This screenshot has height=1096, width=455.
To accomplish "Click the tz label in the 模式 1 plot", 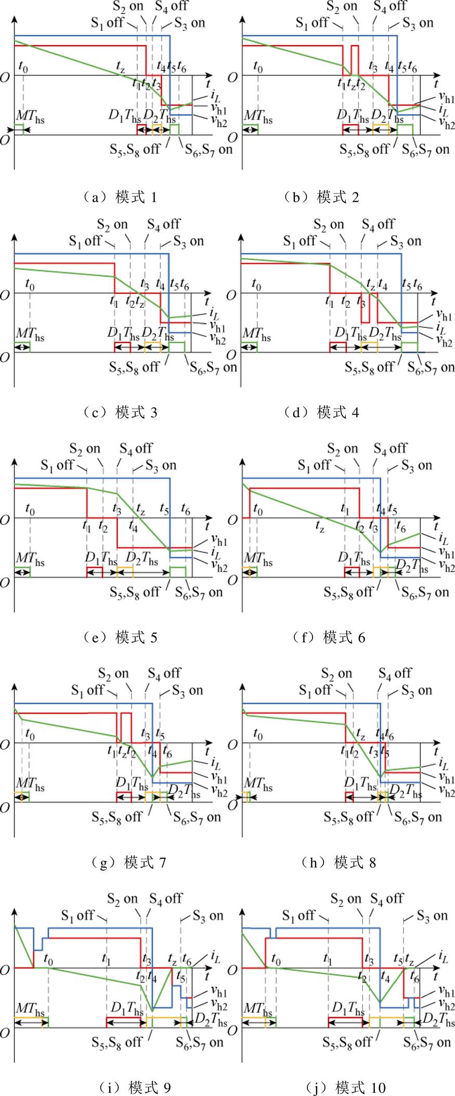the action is (121, 66).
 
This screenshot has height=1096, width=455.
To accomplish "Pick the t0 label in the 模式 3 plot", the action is (30, 285).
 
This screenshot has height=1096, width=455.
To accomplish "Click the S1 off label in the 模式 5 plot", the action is (57, 465).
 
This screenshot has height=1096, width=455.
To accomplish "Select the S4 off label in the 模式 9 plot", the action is (166, 898).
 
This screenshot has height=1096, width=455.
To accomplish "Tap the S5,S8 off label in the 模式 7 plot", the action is (117, 817).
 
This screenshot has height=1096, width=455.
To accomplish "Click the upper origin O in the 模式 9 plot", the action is (5, 970).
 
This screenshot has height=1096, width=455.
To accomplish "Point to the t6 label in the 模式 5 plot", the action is (185, 509).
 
